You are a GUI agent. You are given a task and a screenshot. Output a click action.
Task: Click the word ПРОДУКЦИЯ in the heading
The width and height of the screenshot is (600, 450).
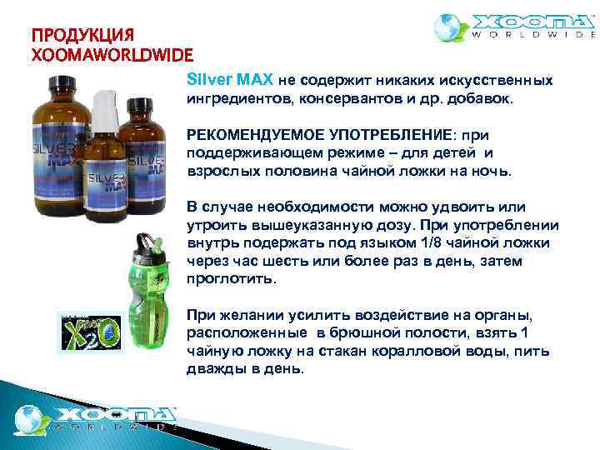82,36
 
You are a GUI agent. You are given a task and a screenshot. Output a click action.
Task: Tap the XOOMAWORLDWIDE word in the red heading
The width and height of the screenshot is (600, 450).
112,55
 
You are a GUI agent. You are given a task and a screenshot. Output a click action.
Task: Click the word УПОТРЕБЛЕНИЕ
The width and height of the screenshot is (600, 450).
386,134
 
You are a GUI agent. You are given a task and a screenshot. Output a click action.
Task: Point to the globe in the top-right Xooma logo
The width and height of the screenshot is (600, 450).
452,27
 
